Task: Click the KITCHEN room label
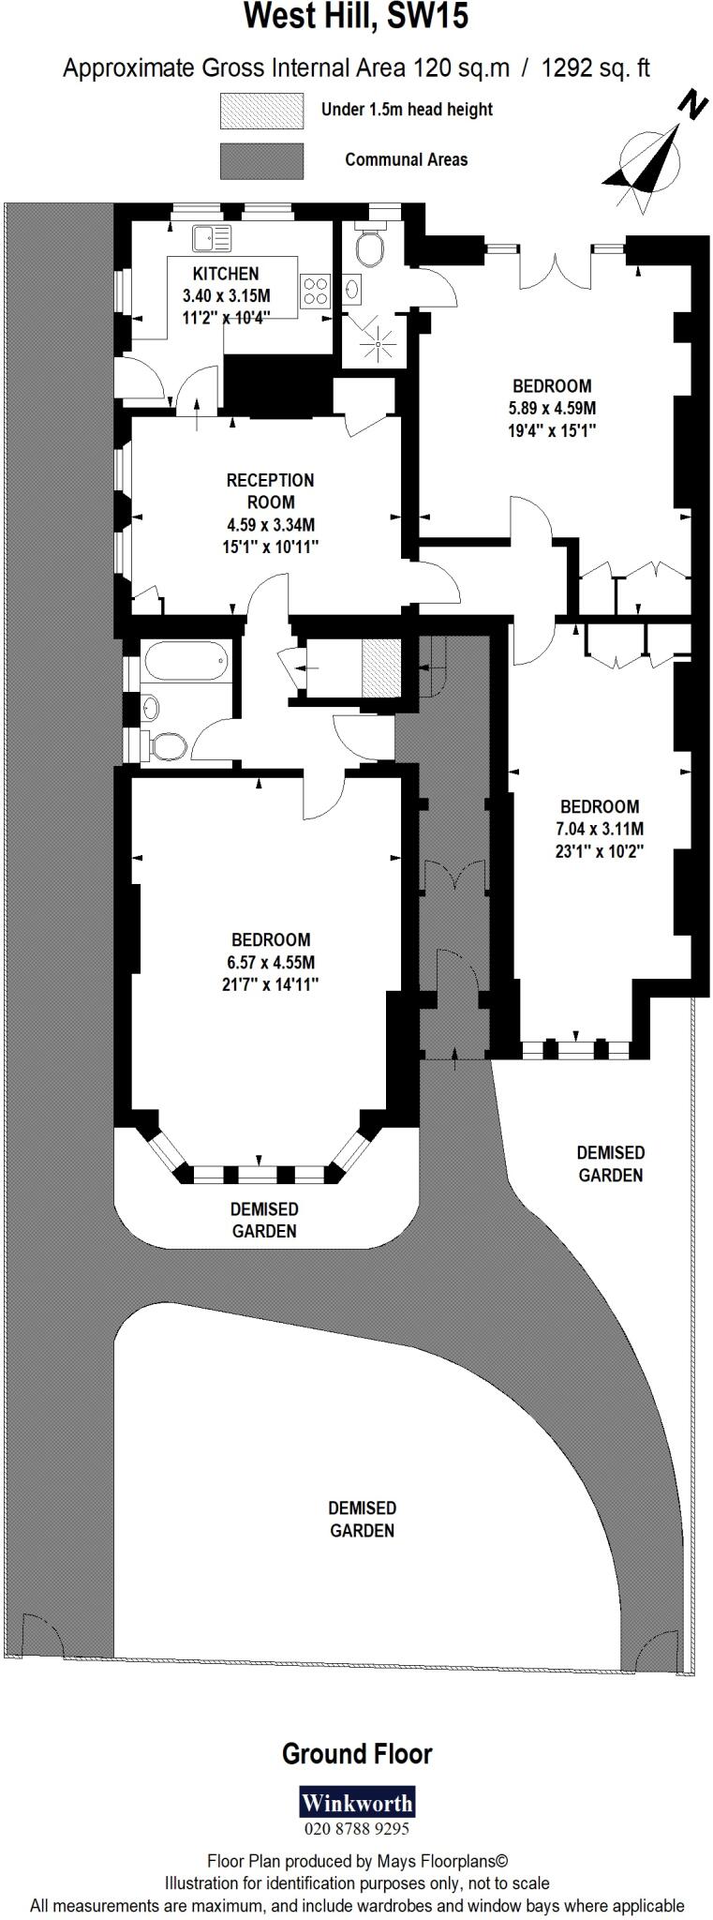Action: click(225, 274)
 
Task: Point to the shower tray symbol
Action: click(379, 344)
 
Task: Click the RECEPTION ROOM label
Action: click(271, 491)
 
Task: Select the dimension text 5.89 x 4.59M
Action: click(552, 409)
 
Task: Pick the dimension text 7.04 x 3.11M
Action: click(600, 829)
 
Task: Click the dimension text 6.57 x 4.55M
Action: click(272, 962)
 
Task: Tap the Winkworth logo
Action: click(356, 1803)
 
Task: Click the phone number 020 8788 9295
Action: click(356, 1828)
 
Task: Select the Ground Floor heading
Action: click(357, 1753)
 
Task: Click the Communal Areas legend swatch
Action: click(261, 160)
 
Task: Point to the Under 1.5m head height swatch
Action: click(261, 111)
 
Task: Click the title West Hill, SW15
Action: click(356, 18)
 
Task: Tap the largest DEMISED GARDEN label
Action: click(362, 1519)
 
